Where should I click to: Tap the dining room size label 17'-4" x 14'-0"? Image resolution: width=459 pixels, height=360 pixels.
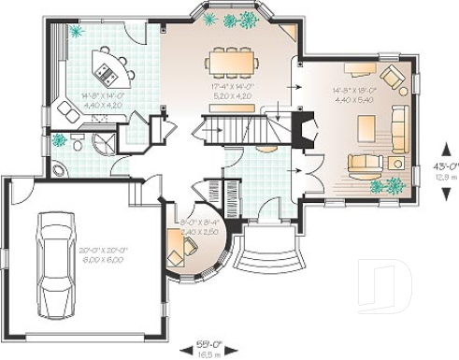229,90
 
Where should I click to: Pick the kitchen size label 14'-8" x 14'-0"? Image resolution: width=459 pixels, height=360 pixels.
96,99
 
